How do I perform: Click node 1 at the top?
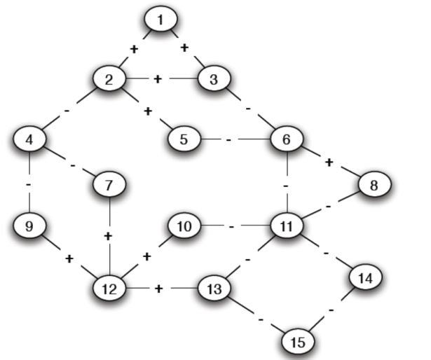point(161,20)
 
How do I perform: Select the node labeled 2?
point(110,78)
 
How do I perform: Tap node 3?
point(214,78)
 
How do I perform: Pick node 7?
point(109,186)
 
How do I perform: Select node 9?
point(29,226)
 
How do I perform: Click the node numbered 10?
point(184,226)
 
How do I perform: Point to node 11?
point(286,226)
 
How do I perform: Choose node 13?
point(214,287)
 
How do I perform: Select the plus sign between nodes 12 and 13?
point(158,288)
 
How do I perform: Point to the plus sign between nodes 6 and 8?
point(329,162)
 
